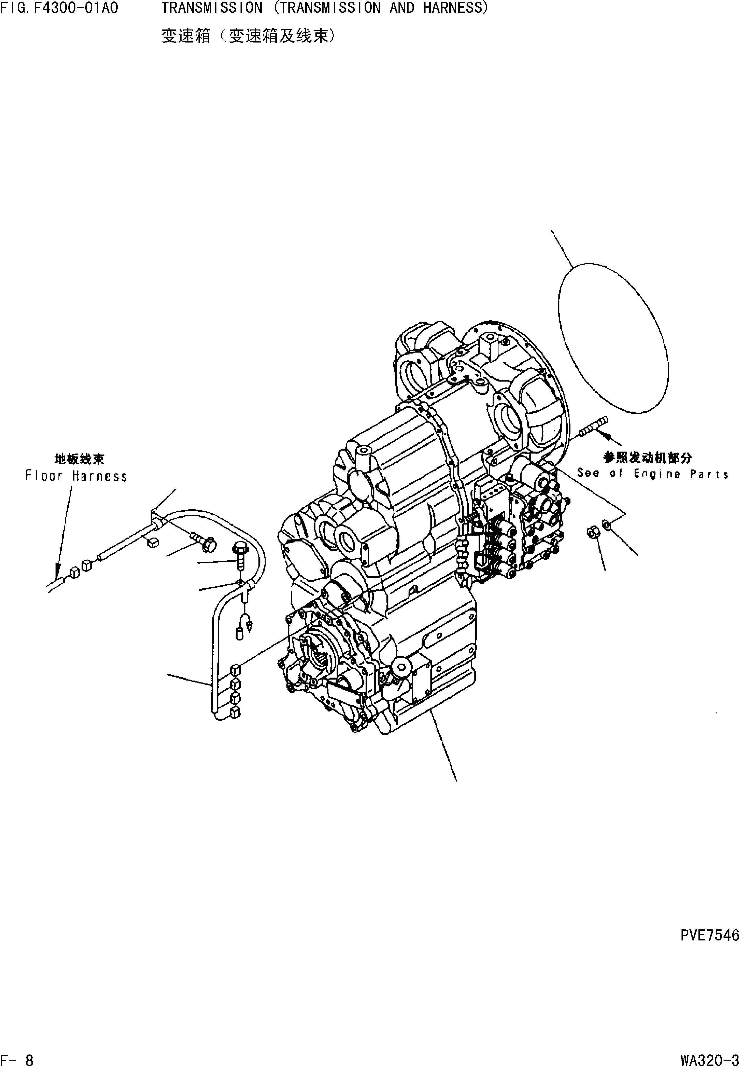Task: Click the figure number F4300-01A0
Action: click(75, 8)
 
